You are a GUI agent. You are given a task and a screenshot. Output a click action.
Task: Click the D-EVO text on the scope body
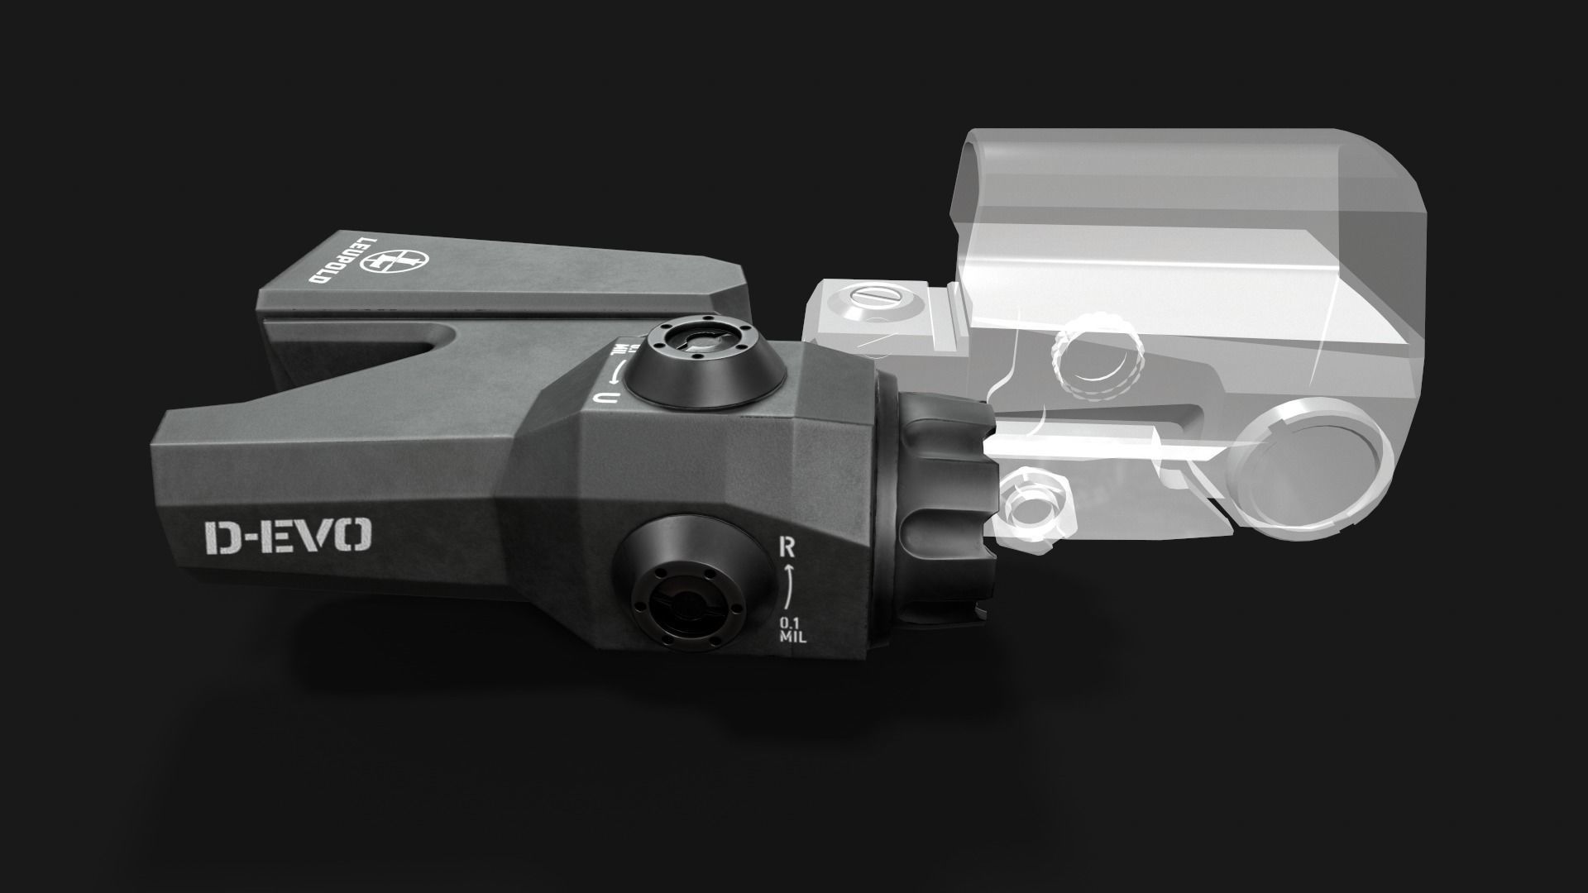click(288, 537)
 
